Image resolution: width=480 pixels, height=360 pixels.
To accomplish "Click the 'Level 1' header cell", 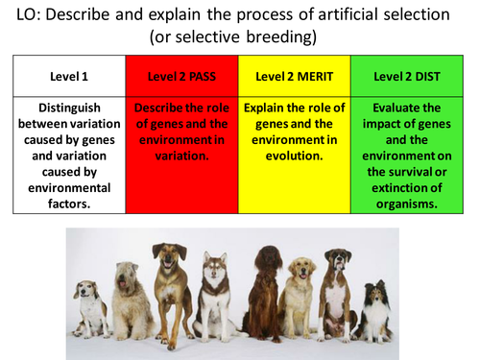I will pyautogui.click(x=69, y=76).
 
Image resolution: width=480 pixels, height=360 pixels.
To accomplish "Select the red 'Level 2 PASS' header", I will pyautogui.click(x=181, y=76).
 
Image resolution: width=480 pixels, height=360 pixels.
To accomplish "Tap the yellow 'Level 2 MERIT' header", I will pyautogui.click(x=294, y=76).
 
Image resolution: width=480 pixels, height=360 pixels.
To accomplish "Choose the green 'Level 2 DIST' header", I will pyautogui.click(x=406, y=76).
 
